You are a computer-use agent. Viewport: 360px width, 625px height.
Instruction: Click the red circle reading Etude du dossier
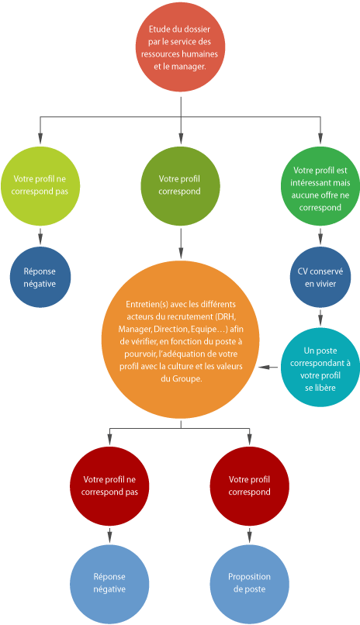[x=180, y=47]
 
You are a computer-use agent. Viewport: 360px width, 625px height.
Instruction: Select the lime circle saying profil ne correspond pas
[x=40, y=186]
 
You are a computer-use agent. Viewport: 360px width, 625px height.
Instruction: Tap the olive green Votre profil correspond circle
[x=180, y=186]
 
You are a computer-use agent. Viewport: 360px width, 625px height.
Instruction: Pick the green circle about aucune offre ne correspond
[x=320, y=186]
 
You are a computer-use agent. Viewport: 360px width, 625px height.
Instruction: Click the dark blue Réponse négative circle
[x=40, y=277]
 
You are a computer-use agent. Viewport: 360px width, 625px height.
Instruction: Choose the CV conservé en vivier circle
[x=320, y=277]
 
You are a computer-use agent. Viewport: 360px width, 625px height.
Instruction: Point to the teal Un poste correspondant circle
[x=320, y=367]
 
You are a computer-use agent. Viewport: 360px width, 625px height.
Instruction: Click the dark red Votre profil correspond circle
[x=249, y=486]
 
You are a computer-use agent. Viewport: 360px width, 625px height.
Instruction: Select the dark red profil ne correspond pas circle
[x=109, y=486]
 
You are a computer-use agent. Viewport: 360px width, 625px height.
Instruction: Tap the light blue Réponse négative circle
[x=109, y=584]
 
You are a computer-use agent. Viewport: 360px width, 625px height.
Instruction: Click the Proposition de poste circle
[x=249, y=584]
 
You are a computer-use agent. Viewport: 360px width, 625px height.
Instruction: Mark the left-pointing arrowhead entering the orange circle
[x=262, y=367]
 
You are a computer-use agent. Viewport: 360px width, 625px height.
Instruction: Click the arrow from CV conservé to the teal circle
[x=320, y=317]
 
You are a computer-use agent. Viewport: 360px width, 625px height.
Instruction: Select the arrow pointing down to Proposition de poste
[x=249, y=535]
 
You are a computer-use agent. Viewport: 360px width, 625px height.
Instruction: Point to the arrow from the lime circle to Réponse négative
[x=40, y=236]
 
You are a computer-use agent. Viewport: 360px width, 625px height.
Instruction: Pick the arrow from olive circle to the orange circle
[x=181, y=243]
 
